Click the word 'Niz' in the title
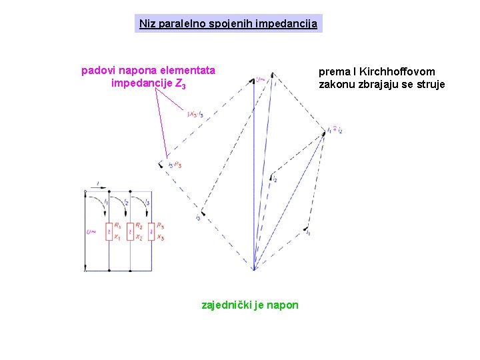[145, 24]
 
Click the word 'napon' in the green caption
[285, 305]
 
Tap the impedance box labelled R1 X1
[109, 231]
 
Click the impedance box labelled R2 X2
[130, 231]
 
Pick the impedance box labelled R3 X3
[151, 231]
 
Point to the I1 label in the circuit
[106, 201]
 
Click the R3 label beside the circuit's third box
[161, 227]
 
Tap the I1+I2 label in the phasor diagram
[335, 131]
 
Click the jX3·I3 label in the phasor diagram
[196, 115]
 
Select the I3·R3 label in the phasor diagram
[175, 165]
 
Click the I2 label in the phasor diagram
[274, 178]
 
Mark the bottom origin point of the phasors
[254, 269]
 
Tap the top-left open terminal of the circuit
[85, 191]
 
